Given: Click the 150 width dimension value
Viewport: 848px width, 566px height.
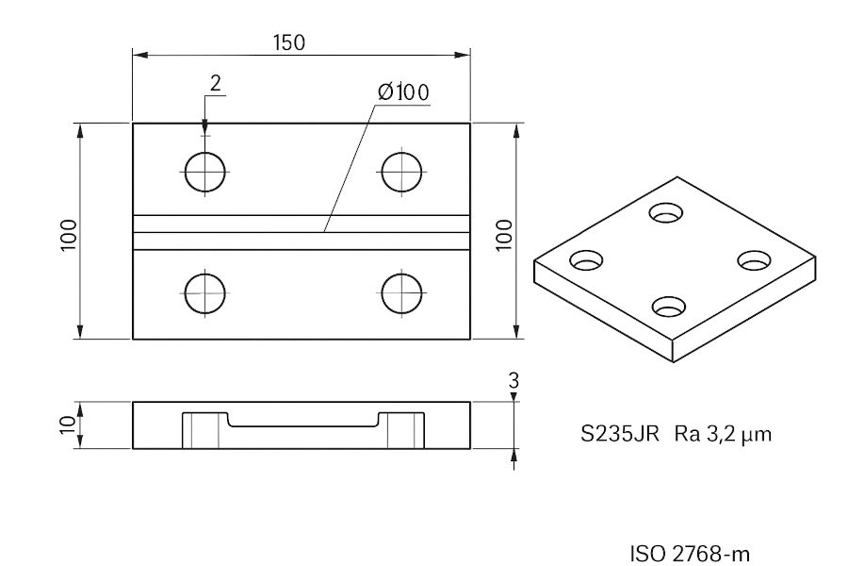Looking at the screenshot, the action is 289,42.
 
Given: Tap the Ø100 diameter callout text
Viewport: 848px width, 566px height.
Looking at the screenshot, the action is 403,92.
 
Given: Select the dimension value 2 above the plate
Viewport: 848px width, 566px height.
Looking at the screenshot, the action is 215,83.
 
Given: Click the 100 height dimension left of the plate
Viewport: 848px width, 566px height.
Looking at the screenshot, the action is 69,235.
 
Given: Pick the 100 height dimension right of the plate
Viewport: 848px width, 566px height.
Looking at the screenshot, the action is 504,235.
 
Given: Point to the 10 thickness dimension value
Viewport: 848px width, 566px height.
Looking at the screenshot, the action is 68,424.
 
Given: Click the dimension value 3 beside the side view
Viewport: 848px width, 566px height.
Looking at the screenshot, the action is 514,381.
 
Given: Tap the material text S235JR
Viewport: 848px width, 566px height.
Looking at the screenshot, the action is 620,434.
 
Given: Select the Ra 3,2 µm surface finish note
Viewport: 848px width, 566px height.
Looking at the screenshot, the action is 723,434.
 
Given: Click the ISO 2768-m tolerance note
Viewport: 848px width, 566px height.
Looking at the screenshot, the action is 690,554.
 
